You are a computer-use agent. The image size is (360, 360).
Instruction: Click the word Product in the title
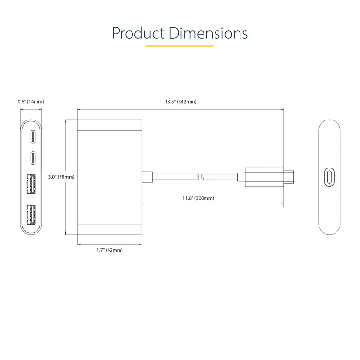(138, 34)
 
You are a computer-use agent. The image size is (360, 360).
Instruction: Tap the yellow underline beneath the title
(180, 46)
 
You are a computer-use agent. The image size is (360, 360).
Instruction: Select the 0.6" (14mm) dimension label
(31, 102)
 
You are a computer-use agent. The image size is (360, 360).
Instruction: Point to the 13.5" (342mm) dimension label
(180, 102)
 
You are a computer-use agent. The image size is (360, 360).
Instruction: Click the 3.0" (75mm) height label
(61, 177)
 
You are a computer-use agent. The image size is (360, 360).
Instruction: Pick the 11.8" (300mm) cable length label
(198, 198)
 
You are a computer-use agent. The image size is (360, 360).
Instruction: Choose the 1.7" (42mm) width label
(109, 250)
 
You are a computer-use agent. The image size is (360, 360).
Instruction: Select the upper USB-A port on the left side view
(31, 185)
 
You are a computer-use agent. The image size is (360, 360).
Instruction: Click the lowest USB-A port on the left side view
(31, 214)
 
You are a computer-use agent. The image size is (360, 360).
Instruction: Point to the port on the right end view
(329, 177)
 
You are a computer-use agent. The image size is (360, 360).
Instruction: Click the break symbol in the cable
(201, 177)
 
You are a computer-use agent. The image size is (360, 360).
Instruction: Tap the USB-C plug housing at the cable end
(264, 177)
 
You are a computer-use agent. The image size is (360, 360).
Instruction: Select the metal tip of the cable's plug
(290, 177)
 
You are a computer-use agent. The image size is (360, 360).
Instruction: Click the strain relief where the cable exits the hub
(147, 177)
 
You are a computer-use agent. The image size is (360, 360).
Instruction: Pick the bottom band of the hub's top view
(109, 228)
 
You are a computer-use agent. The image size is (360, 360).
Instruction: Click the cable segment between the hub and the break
(175, 177)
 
